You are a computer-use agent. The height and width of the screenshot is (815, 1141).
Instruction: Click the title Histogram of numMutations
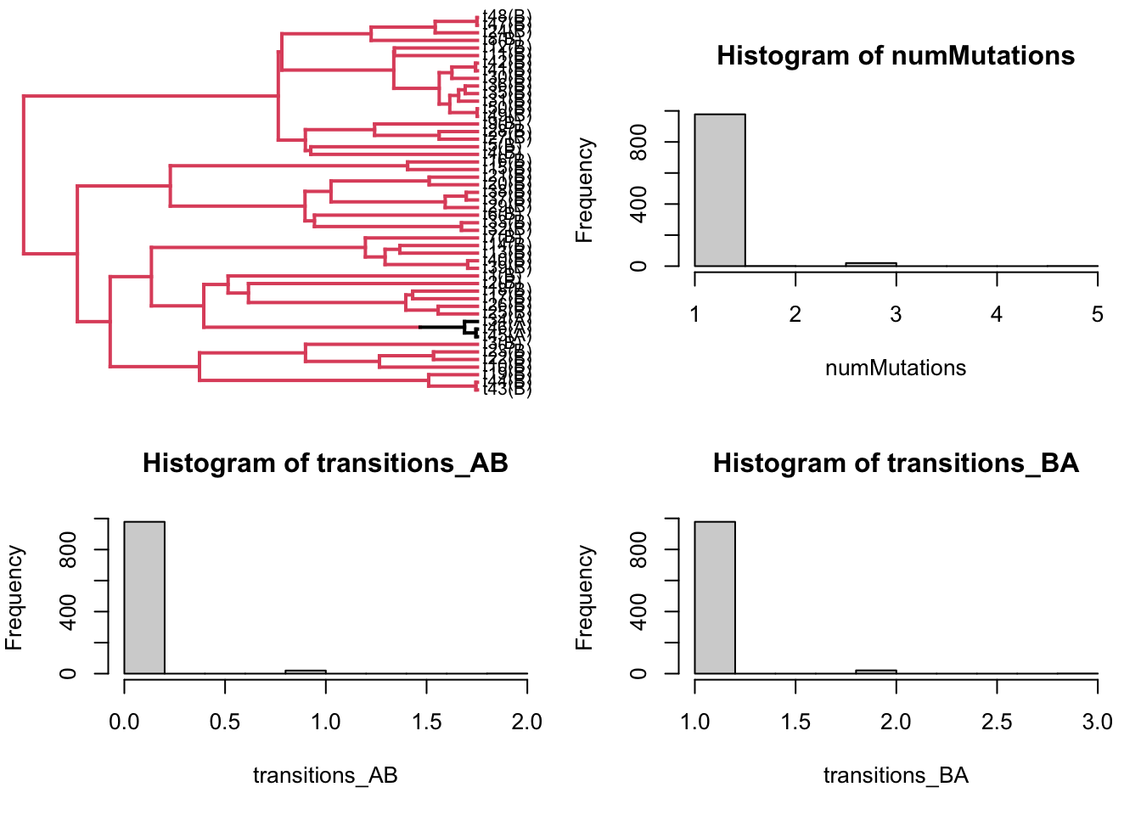896,56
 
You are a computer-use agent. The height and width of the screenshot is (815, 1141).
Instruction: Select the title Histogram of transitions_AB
325,464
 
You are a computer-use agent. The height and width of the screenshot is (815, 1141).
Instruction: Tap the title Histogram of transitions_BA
896,464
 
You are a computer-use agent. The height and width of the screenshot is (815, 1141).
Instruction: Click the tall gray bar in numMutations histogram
720,190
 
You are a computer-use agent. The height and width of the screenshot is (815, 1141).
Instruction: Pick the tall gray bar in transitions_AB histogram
144,598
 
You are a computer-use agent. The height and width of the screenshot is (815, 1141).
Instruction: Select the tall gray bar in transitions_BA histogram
715,598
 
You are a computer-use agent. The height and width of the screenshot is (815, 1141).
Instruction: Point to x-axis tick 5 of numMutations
1097,315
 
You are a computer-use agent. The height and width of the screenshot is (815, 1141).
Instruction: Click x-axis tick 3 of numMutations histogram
896,315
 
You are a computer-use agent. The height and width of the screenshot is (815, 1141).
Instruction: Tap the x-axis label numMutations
896,368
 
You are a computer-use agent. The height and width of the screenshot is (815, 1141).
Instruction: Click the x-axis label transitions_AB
325,775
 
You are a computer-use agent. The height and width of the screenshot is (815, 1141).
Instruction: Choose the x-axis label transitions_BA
896,775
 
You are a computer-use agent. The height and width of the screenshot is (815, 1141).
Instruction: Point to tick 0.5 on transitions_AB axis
225,722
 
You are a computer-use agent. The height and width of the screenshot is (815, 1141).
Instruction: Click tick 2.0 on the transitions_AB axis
527,722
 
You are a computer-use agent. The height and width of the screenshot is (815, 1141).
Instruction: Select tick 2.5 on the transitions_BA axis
997,722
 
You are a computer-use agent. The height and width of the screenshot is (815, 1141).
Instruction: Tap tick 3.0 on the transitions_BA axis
1097,722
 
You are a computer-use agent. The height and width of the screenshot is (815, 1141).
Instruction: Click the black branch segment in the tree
441,327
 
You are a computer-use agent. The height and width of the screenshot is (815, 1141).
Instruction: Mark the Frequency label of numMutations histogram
584,190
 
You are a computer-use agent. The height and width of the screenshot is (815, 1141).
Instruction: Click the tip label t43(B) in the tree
507,389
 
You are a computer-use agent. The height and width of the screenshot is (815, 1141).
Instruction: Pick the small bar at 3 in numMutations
871,264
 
